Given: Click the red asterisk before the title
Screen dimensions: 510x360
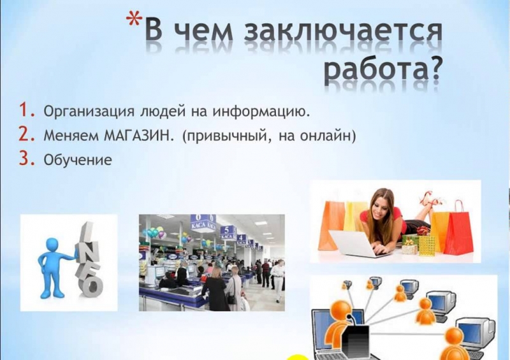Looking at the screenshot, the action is point(134,20).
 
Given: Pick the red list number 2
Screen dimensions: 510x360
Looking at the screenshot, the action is point(27,134).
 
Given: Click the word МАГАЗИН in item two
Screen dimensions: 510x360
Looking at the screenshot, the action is point(136,136).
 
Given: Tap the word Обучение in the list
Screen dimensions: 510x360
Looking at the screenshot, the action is point(78,160).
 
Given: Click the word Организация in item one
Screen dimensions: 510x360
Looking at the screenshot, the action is point(89,112).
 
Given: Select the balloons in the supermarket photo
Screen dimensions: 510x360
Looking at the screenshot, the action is point(154,231).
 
